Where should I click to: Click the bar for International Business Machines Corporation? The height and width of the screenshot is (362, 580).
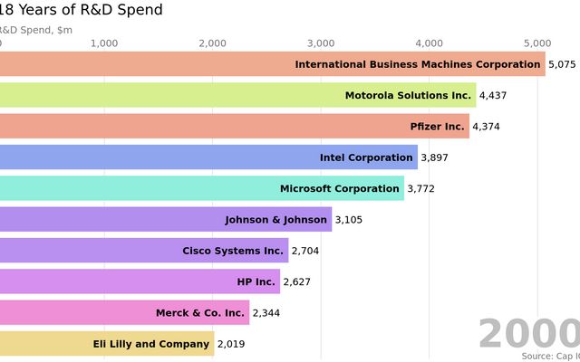tap(272, 64)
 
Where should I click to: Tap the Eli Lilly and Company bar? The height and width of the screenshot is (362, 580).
tap(107, 344)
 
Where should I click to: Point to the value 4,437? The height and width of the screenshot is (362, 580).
tap(494, 95)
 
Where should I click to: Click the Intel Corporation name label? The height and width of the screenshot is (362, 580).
tap(366, 157)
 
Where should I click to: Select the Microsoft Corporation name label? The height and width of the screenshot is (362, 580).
tap(339, 188)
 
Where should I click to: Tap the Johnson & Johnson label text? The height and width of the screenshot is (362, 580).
tap(276, 220)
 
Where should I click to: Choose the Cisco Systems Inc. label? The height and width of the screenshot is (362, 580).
tap(233, 251)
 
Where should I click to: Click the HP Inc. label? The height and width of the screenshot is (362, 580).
tap(256, 281)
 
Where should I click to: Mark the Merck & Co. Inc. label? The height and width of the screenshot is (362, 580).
tap(200, 313)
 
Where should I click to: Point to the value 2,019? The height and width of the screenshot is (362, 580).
tap(230, 344)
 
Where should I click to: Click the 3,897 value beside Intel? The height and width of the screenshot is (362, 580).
tap(435, 157)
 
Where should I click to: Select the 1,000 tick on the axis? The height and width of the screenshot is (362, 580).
tap(104, 43)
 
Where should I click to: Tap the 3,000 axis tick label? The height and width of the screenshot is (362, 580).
tap(321, 43)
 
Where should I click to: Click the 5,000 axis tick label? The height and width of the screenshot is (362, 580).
tap(537, 43)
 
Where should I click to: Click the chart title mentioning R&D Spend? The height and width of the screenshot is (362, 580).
tap(82, 11)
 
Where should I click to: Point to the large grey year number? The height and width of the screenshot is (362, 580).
tap(529, 333)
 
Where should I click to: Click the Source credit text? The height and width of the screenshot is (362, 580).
tap(551, 357)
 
